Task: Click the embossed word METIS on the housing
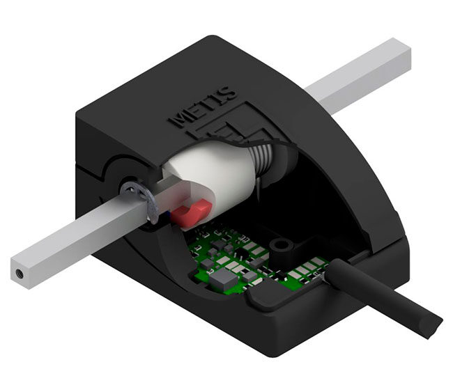coord(203,106)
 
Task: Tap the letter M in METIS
coord(177,119)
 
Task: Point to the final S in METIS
coord(230,92)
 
